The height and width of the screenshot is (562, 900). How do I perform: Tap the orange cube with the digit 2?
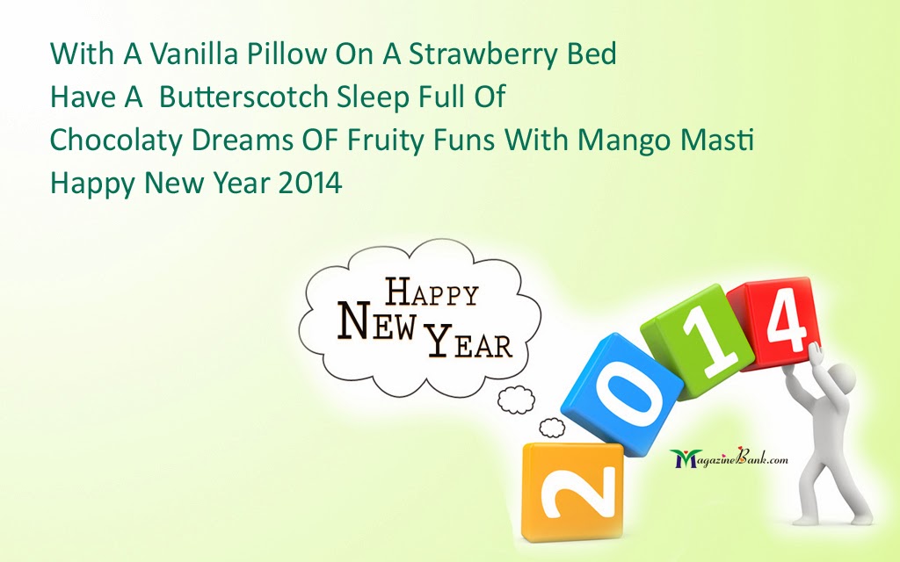pyautogui.click(x=572, y=492)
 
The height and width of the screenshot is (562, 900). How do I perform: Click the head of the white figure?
pyautogui.click(x=839, y=378)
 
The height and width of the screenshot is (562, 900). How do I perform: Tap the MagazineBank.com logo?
pyautogui.click(x=729, y=458)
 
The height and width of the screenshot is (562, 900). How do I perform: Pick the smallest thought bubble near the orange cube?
pyautogui.click(x=552, y=428)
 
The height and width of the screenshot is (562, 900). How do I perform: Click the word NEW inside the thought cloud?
pyautogui.click(x=376, y=321)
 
